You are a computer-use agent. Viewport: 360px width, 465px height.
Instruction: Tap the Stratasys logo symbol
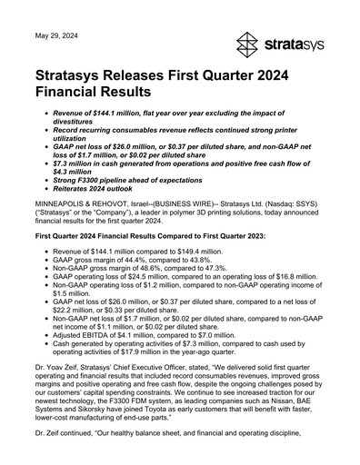[x=249, y=43]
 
